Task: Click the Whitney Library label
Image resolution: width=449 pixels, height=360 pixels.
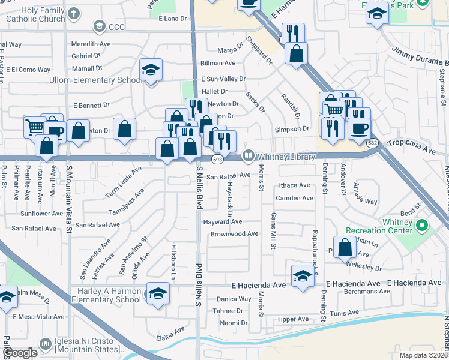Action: tap(286, 157)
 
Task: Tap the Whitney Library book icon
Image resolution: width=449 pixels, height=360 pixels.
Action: tap(248, 156)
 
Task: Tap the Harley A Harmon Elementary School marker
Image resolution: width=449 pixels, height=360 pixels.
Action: tap(158, 294)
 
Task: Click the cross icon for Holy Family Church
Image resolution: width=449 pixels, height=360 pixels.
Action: tap(73, 13)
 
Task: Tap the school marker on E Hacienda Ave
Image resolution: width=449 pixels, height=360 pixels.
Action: tap(303, 277)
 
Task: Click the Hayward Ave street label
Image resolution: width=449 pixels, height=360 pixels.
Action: tap(222, 222)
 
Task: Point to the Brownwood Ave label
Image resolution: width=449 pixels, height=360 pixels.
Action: tap(234, 234)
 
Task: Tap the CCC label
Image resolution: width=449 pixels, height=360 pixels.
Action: tap(116, 26)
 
